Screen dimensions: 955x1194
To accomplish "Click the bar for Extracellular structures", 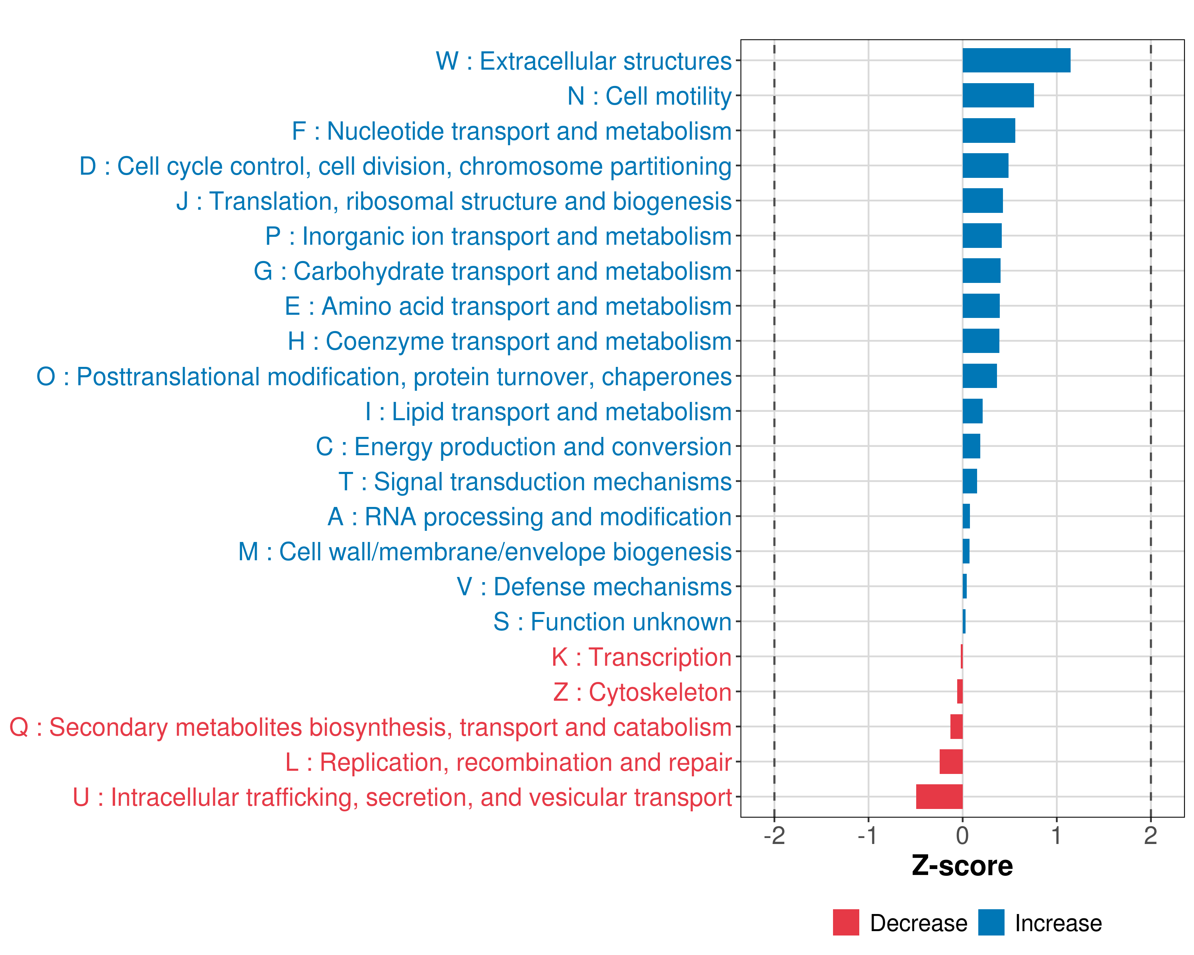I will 1016,60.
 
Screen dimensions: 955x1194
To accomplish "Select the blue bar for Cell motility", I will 997,95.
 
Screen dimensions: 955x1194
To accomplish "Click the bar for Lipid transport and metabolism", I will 972,411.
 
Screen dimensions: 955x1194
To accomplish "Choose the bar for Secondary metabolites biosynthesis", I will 956,726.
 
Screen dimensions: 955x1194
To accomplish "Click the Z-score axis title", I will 962,866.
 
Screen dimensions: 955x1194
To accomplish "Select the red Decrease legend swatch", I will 846,922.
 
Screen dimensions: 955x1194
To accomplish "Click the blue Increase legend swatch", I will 991,922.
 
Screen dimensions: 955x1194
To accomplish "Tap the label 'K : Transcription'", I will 641,657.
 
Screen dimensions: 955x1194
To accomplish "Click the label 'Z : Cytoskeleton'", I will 642,692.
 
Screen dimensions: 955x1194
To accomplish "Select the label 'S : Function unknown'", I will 612,622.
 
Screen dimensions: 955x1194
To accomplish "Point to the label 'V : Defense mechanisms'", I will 594,587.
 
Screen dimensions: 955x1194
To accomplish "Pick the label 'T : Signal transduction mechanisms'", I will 535,481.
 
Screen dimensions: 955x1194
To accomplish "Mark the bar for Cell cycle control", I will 985,166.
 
